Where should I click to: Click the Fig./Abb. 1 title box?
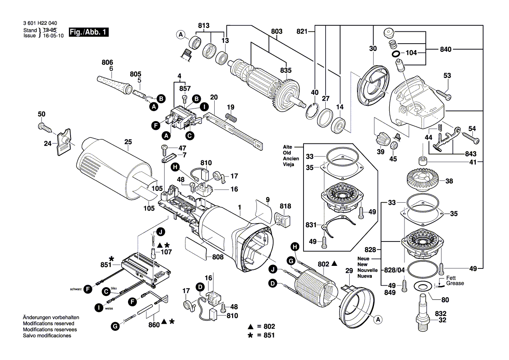click(x=88, y=33)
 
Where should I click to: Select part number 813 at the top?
click(x=204, y=25)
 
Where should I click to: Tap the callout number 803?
click(x=276, y=31)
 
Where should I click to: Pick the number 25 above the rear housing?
click(x=128, y=142)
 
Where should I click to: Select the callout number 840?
click(x=446, y=50)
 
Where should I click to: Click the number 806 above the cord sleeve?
click(x=107, y=62)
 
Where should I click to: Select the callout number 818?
click(x=285, y=206)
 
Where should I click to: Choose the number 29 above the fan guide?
click(x=348, y=271)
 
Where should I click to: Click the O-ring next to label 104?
click(x=396, y=54)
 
